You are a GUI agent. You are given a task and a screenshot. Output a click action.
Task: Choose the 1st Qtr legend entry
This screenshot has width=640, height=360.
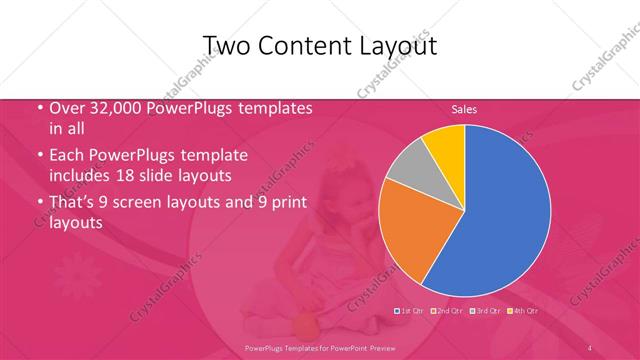tap(411, 311)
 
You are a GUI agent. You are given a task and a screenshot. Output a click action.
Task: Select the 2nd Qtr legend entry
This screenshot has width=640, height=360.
tap(446, 311)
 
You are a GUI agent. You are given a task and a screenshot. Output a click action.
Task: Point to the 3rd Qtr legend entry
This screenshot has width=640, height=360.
tap(481, 311)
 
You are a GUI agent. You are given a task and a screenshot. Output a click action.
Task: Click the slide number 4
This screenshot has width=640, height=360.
tap(590, 347)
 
